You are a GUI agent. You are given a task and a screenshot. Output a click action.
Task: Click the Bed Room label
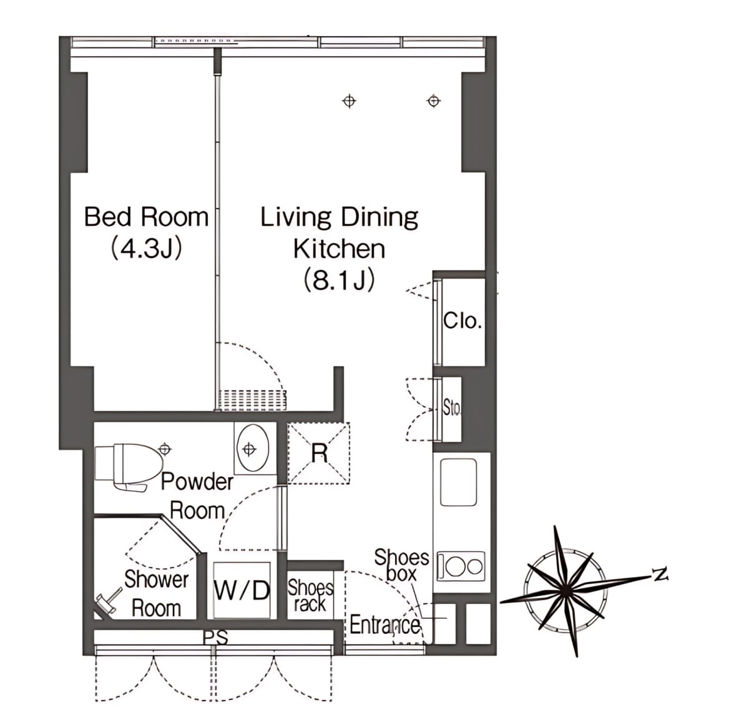tap(146, 217)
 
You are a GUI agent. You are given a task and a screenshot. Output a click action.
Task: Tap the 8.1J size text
tap(339, 280)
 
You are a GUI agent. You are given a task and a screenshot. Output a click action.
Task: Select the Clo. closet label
tap(463, 321)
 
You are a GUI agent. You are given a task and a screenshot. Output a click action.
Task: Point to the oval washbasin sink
tap(253, 448)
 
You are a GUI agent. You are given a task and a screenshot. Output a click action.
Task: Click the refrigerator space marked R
tap(318, 453)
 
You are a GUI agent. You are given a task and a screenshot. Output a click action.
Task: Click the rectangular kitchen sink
tap(458, 482)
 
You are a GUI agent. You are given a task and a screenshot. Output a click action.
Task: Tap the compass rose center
tap(566, 590)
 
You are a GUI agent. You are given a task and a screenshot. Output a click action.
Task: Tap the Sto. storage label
tap(452, 408)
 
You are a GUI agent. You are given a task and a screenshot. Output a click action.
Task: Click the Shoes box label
tap(401, 566)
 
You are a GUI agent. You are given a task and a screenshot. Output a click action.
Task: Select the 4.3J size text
tap(146, 249)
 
